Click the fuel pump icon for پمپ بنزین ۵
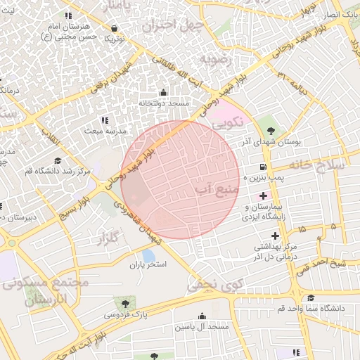pos(263,167)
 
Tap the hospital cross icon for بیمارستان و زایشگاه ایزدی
pos(263,194)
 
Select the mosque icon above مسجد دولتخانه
pos(164,92)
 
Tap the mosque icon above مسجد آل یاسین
pos(202,316)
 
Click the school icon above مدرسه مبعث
pos(105,120)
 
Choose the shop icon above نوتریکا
pos(114,28)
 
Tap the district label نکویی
pos(229,122)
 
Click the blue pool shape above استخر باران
pos(148,254)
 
